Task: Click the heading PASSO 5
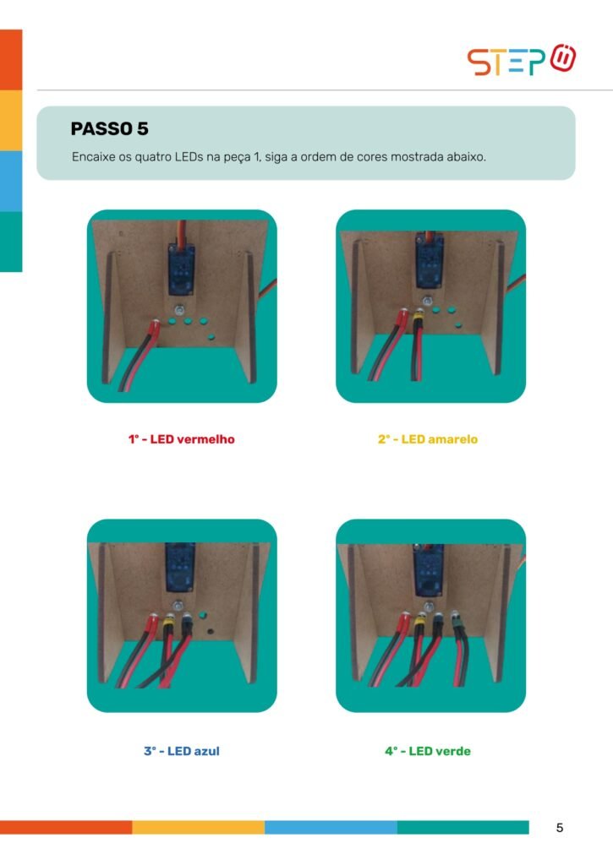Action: point(109,129)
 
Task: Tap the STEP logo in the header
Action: point(522,60)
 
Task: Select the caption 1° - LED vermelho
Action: point(182,439)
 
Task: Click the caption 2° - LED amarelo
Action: point(428,439)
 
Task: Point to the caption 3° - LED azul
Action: point(182,751)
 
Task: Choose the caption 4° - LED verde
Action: point(428,751)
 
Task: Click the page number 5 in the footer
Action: point(560,828)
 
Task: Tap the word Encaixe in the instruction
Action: point(93,156)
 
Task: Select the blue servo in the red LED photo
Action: point(181,268)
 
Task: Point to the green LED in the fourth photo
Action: point(457,623)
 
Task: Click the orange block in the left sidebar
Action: point(11,60)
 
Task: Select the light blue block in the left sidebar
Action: point(11,181)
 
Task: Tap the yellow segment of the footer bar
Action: point(198,827)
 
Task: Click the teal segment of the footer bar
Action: point(462,827)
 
